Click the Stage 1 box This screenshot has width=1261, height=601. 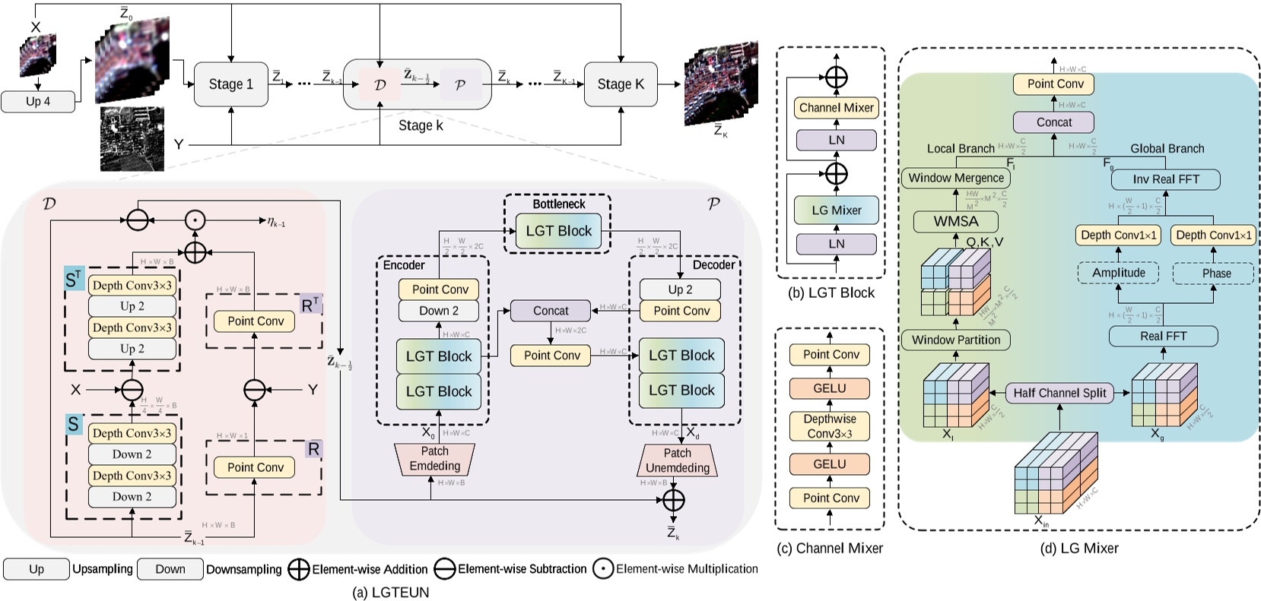230,84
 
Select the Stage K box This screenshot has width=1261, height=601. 620,84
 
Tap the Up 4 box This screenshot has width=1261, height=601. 38,102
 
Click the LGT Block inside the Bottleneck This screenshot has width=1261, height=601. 558,231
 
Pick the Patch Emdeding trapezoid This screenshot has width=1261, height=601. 435,459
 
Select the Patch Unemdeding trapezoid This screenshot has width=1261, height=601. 677,460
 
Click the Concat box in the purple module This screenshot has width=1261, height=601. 551,311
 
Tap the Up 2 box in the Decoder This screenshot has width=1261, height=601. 680,289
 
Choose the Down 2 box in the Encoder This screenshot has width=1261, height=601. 439,311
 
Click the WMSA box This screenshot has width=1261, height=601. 956,222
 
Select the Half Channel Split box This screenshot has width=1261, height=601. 1059,393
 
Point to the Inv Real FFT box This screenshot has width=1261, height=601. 1165,179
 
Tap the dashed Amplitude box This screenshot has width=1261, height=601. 1118,273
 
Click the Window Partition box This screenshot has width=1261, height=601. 956,340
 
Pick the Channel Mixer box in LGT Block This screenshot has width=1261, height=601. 836,108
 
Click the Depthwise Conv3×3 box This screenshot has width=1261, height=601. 830,426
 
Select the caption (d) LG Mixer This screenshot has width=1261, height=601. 1078,548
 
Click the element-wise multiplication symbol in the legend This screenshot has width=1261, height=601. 603,569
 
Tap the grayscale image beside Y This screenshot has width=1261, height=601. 132,138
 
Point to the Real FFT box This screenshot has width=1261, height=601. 1163,336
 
